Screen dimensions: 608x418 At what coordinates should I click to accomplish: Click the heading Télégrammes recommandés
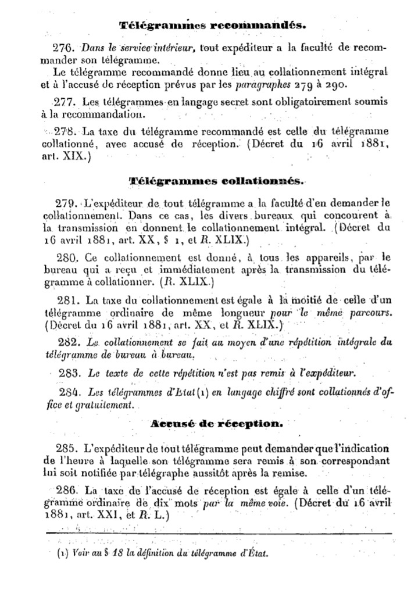(212, 26)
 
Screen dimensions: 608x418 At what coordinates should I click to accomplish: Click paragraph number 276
(62, 47)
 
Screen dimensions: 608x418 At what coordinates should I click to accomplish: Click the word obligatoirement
(285, 103)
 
